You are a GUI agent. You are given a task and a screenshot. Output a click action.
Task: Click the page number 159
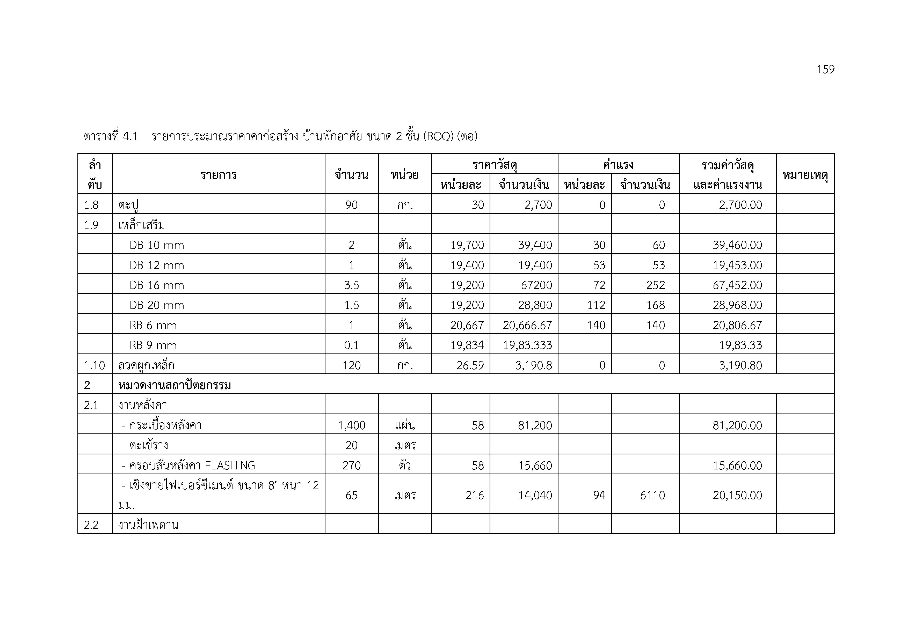tap(825, 70)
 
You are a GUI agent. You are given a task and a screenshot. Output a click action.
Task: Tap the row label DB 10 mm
tap(157, 245)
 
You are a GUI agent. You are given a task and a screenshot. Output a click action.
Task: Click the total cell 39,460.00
tap(737, 245)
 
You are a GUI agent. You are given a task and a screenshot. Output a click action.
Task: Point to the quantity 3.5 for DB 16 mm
tap(351, 285)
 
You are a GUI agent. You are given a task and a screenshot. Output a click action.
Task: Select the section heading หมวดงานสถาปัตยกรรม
tap(175, 385)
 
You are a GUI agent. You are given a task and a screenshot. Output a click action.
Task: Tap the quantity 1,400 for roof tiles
tap(351, 425)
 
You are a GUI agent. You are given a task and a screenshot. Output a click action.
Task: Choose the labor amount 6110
tap(652, 495)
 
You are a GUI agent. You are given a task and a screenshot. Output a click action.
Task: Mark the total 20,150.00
tap(737, 495)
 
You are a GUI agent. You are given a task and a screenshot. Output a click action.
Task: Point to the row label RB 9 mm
tap(153, 345)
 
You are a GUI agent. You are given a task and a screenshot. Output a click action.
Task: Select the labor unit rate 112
tap(596, 305)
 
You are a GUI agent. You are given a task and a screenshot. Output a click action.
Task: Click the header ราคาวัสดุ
tap(494, 165)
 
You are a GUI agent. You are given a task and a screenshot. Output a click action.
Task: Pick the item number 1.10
tap(94, 365)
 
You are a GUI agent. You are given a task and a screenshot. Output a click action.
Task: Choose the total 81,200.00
tap(737, 425)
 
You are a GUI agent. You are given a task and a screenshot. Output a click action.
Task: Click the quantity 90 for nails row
tap(351, 205)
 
